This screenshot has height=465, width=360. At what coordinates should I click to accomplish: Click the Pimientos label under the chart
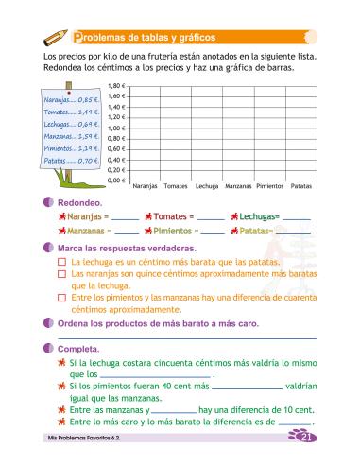click(269, 188)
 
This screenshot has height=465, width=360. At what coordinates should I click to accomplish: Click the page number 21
click(304, 439)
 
